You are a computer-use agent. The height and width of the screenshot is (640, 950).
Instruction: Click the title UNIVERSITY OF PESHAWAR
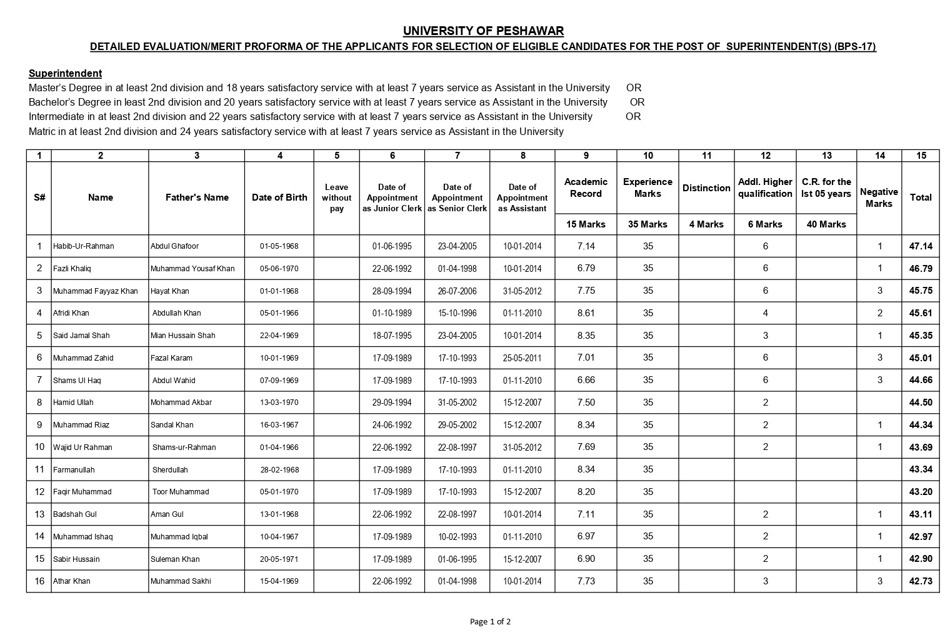click(x=483, y=31)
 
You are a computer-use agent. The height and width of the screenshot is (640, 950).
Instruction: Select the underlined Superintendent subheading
click(x=65, y=73)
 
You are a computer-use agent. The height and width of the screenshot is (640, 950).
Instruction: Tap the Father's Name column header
click(x=197, y=197)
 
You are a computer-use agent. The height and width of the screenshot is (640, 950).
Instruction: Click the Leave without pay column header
click(x=337, y=197)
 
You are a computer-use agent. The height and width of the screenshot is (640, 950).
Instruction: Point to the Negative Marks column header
click(x=879, y=197)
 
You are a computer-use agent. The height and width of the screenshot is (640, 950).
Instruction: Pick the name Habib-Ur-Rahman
click(x=84, y=246)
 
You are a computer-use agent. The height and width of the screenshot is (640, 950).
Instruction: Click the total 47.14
click(x=921, y=246)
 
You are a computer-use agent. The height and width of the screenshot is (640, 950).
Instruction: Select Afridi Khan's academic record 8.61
click(x=586, y=313)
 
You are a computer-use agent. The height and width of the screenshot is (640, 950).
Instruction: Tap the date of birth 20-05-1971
click(x=279, y=559)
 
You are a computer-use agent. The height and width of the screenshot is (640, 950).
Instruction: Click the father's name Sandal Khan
click(x=172, y=425)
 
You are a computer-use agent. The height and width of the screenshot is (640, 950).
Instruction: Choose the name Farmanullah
click(x=74, y=470)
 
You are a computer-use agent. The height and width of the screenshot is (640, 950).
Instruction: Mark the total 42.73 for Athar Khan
click(x=921, y=581)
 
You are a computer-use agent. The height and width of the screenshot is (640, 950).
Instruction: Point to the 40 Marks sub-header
click(x=826, y=224)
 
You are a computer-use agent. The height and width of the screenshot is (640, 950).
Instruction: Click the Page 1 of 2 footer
click(x=490, y=621)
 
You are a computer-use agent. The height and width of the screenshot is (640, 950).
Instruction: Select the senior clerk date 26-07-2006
click(x=457, y=291)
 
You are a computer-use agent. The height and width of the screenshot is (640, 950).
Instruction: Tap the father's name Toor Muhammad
click(x=181, y=492)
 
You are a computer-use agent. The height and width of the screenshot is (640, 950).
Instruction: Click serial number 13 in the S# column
click(x=39, y=514)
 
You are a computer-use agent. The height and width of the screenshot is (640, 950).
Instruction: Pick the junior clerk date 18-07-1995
click(x=392, y=336)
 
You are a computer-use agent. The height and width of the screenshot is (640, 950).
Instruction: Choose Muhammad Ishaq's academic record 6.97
click(x=586, y=536)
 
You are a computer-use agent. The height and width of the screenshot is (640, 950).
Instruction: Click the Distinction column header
click(x=706, y=188)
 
